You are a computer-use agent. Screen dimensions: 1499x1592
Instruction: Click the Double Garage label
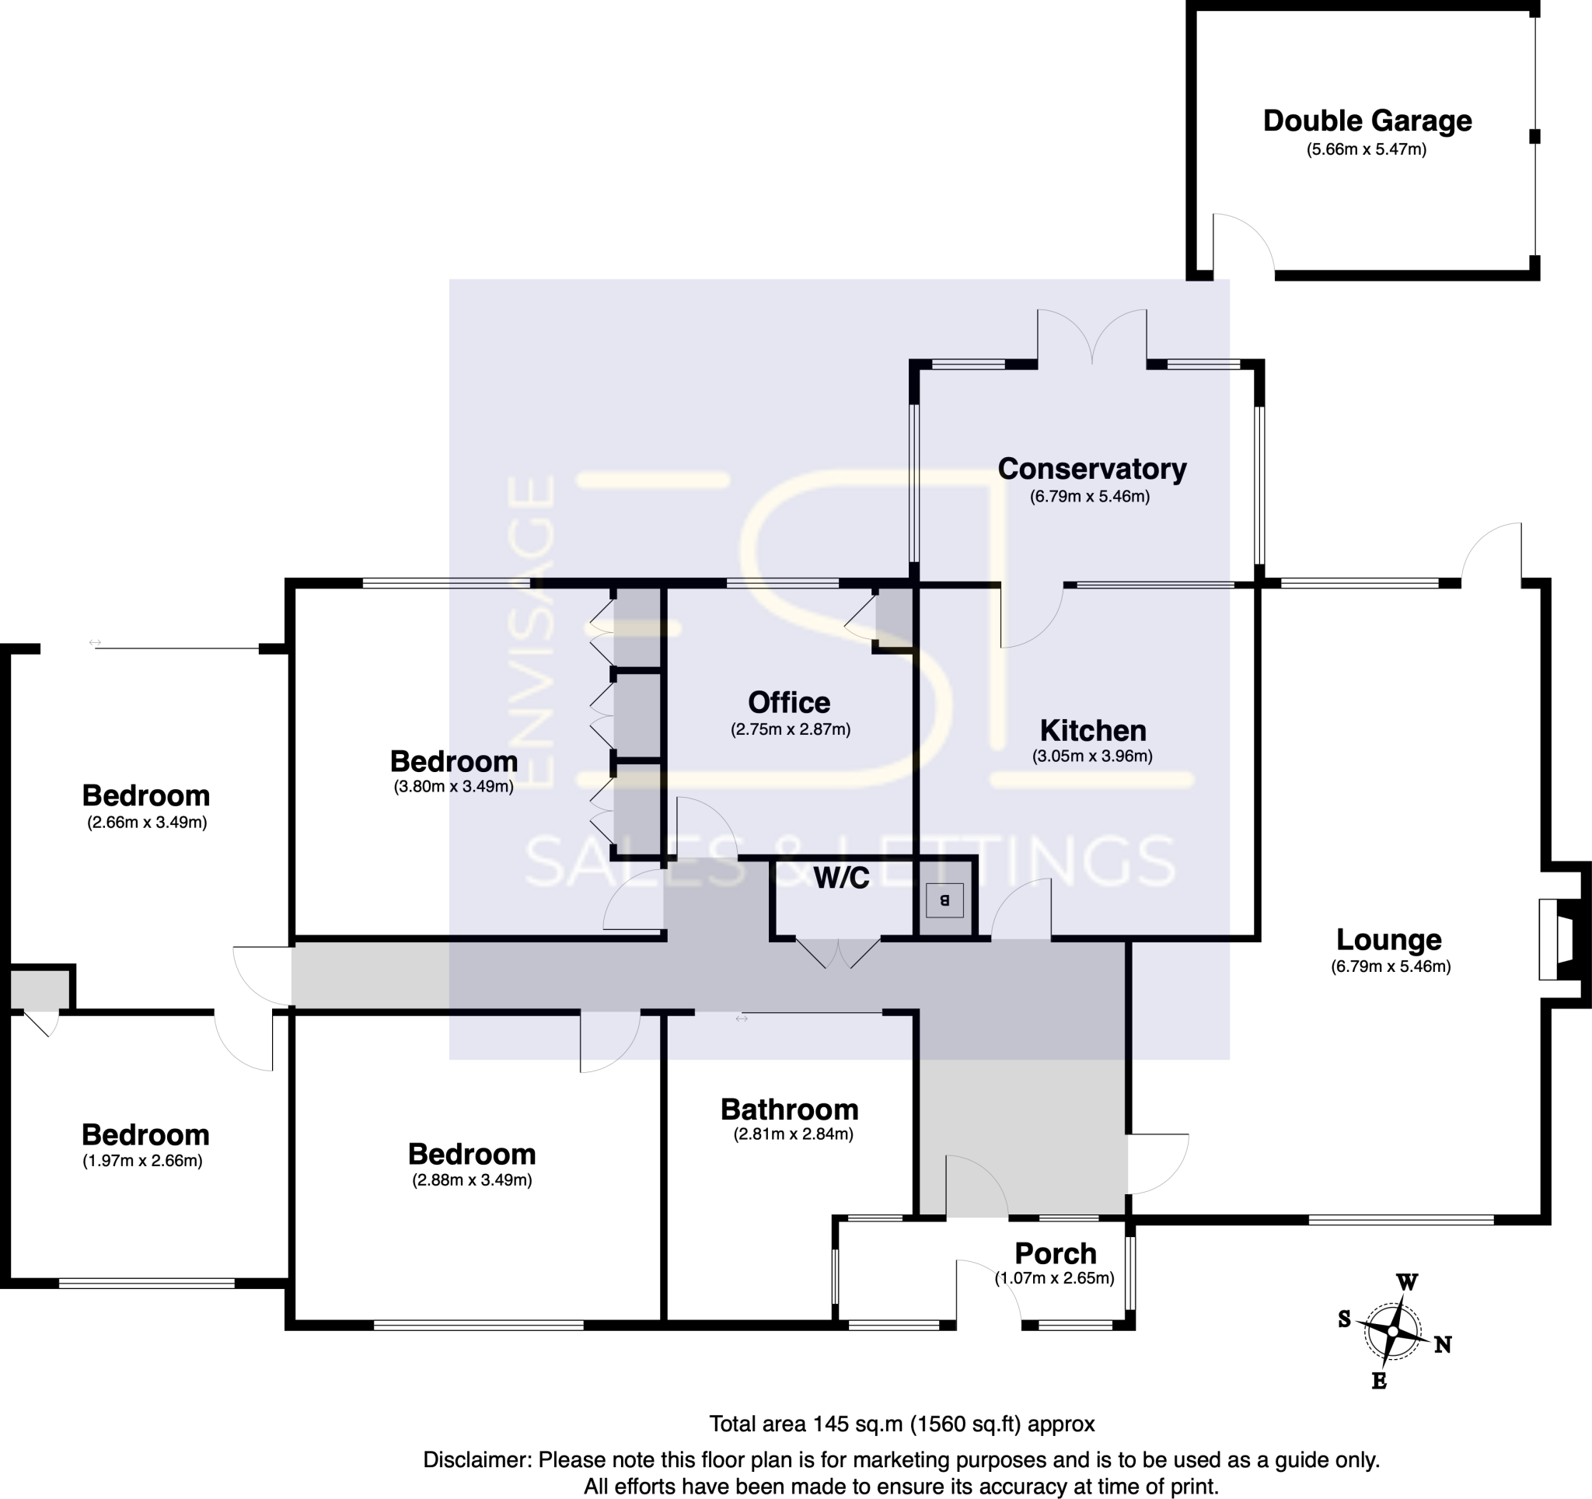[1367, 121]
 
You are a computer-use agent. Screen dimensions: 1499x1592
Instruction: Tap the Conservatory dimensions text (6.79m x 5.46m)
[1089, 497]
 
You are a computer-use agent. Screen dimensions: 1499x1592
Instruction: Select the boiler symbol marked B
[944, 900]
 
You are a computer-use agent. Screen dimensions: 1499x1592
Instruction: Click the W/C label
[841, 879]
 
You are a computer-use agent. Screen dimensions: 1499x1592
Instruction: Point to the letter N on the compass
[1443, 1345]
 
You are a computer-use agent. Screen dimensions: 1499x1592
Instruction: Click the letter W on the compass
[1407, 1282]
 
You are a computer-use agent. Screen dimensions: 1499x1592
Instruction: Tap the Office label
[789, 702]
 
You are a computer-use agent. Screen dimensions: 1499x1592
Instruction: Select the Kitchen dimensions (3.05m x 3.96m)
[1091, 756]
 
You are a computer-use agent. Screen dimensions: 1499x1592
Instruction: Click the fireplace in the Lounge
[1558, 938]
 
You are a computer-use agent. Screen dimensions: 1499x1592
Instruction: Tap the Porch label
[1055, 1253]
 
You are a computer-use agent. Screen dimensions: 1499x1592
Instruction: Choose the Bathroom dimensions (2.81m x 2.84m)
[793, 1134]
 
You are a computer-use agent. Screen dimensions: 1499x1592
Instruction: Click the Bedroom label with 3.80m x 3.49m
[453, 760]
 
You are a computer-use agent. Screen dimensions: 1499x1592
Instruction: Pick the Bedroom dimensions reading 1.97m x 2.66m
[142, 1161]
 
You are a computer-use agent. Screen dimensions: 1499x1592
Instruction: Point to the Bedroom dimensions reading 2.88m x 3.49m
[472, 1180]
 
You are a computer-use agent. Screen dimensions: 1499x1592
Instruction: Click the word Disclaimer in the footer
[477, 1460]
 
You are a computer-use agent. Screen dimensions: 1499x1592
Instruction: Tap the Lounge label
[1388, 939]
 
